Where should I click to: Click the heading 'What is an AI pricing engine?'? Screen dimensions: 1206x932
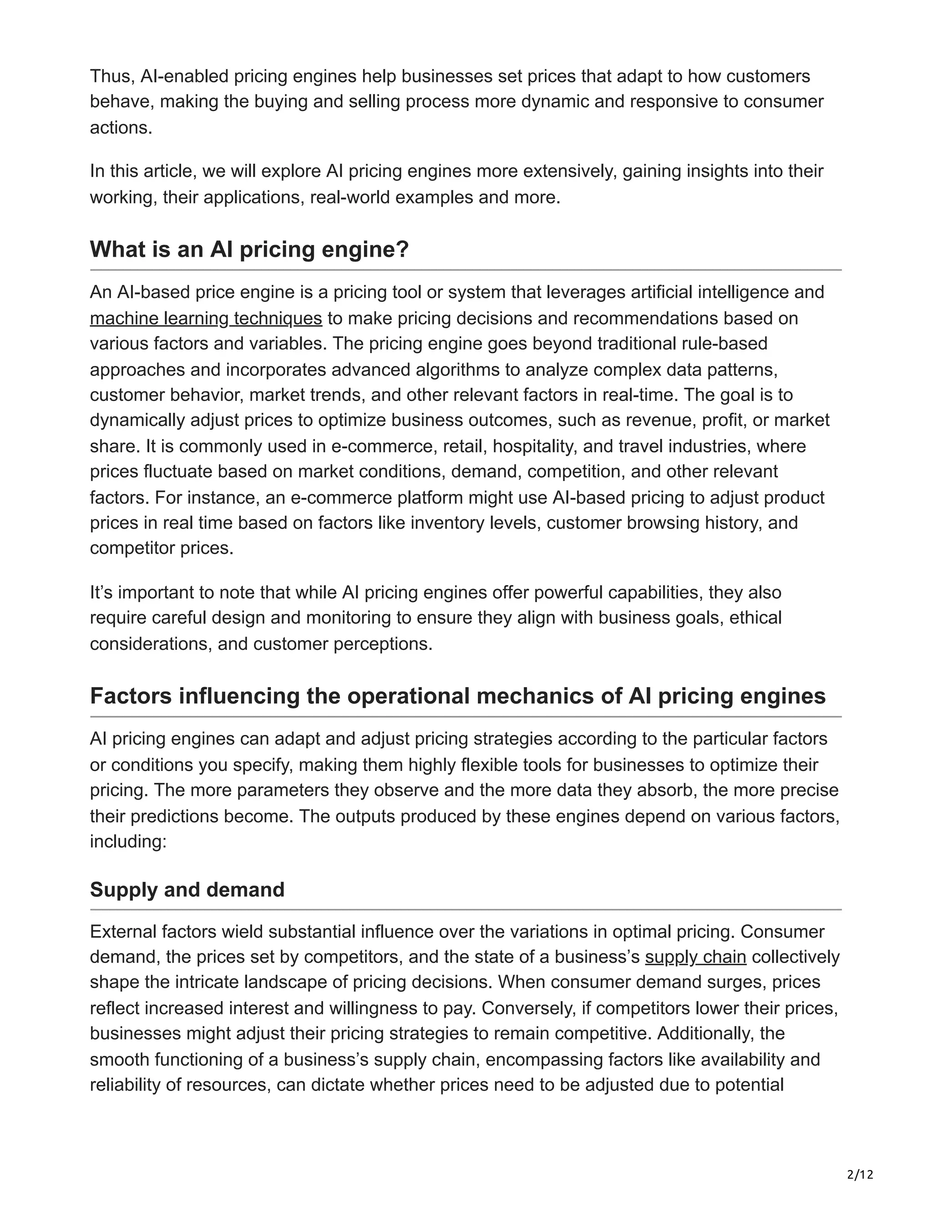[249, 249]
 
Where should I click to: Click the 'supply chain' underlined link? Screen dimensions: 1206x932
[695, 957]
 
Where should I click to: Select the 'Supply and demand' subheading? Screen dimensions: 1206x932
[187, 890]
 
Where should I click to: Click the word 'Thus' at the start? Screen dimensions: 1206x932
[112, 76]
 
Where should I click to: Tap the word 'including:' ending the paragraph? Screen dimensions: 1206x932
[128, 841]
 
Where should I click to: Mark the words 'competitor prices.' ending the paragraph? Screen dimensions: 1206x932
[162, 548]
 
